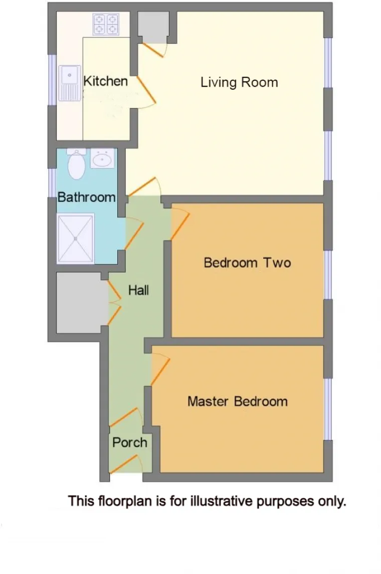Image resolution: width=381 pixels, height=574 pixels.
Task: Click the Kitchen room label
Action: coord(105,81)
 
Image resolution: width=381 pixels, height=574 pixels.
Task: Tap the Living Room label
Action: coord(239,82)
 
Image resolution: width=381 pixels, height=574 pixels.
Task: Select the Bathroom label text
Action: coord(86,197)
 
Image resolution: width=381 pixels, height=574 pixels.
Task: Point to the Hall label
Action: coord(138,291)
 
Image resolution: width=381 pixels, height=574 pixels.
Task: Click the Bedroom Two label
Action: coord(247,263)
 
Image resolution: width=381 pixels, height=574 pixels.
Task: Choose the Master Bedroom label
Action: coord(238,402)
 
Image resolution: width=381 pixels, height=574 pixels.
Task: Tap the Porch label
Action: coord(130,443)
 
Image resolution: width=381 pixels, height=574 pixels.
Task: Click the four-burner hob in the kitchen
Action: coord(106,24)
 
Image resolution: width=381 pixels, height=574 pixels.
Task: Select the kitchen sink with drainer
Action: coord(70,83)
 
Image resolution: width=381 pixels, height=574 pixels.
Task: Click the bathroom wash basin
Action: coord(102,158)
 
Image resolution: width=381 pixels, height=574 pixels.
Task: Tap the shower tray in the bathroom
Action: coord(76,238)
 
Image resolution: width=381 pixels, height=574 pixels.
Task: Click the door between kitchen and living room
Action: coord(146,90)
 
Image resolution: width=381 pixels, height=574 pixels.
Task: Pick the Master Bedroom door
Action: coord(160,369)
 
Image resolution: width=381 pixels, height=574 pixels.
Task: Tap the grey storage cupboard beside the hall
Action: coord(79,303)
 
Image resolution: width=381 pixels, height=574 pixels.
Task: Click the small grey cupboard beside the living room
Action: coord(153,27)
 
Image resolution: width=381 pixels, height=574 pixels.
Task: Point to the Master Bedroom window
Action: coord(328,409)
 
